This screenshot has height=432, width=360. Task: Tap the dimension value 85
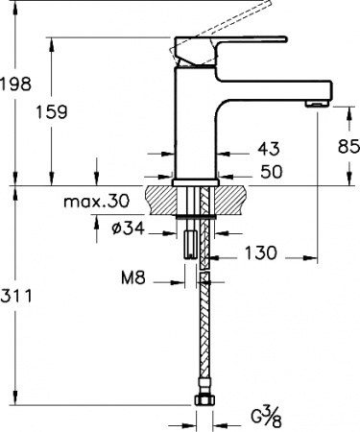348,146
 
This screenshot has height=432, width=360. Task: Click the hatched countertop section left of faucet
161,199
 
